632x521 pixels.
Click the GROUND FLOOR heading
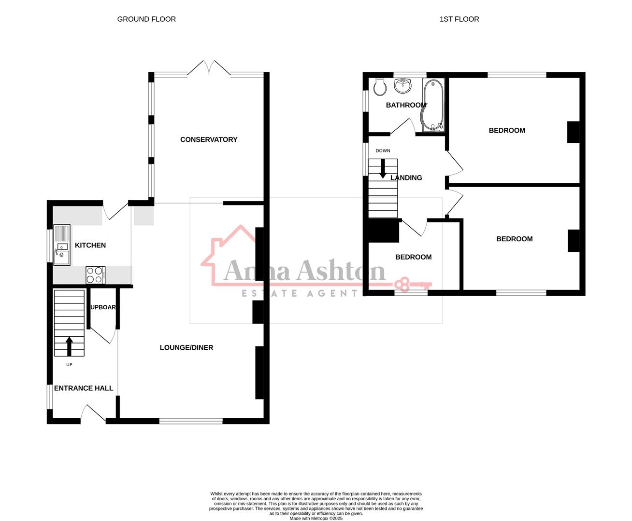146,19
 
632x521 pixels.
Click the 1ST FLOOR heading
459,19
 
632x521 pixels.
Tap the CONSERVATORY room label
209,139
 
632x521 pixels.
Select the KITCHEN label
90,245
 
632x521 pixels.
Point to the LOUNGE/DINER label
187,347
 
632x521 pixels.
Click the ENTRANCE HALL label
84,388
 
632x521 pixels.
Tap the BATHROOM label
406,105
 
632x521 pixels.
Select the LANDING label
406,178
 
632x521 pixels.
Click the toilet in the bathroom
379,87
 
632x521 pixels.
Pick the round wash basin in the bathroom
403,86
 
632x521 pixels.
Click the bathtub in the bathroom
432,105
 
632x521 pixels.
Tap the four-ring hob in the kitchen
95,275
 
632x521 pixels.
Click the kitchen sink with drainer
62,245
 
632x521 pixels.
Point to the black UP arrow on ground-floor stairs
69,346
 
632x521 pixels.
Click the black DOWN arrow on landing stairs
383,168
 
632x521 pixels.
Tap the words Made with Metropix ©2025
316,519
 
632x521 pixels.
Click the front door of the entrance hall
93,414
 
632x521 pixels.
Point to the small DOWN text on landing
383,151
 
